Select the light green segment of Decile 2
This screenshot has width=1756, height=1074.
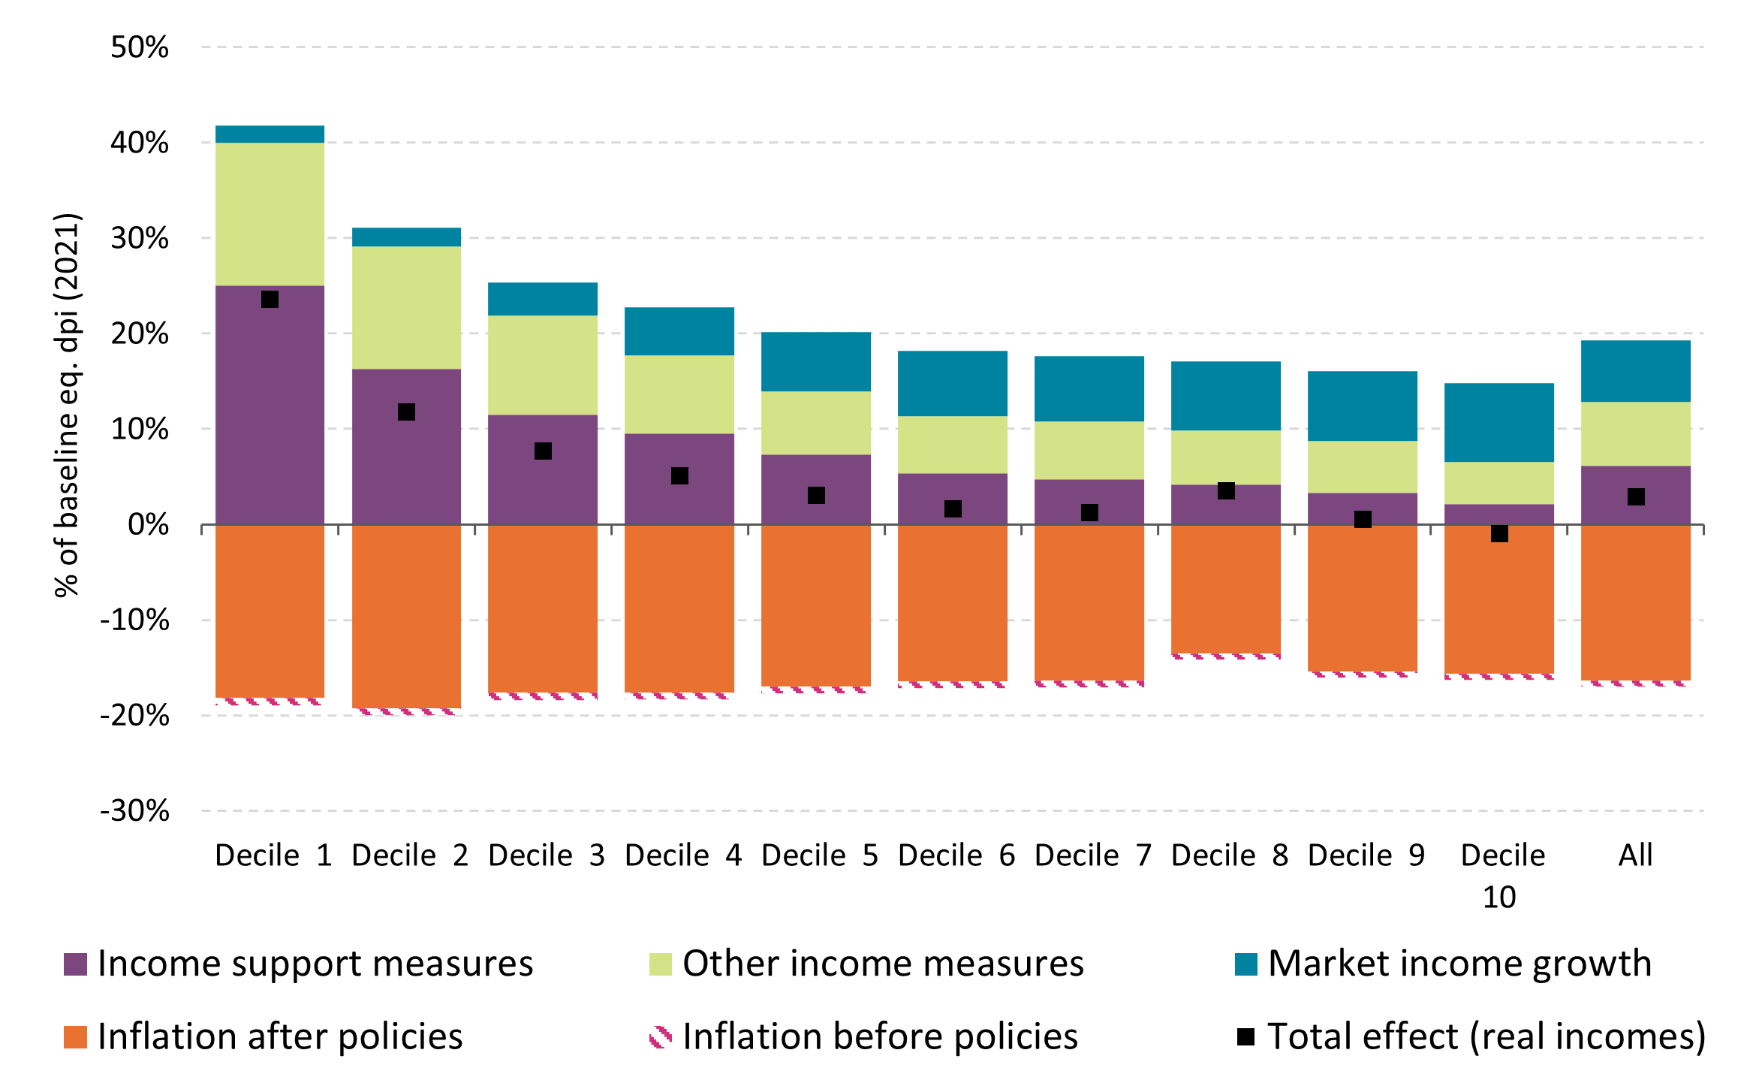[x=406, y=308]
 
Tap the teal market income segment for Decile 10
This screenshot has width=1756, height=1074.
[x=1498, y=422]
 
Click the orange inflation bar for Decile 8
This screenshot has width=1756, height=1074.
[x=1225, y=590]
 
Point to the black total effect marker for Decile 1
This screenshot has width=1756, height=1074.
[x=270, y=300]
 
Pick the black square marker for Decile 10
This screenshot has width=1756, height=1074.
[x=1499, y=533]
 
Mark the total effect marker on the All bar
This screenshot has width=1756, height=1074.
[x=1636, y=496]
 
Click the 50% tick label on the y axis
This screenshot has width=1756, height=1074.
[x=140, y=47]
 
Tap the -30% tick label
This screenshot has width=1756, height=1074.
[x=135, y=811]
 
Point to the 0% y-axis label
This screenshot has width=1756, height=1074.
[x=148, y=524]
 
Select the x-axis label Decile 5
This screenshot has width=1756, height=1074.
[x=819, y=855]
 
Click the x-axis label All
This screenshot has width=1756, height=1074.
[x=1635, y=855]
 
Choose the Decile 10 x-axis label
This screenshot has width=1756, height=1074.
[x=1501, y=875]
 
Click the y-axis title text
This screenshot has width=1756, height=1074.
[x=67, y=406]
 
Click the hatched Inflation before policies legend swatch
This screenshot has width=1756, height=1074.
[x=661, y=1037]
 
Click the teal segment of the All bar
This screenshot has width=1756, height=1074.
[x=1636, y=371]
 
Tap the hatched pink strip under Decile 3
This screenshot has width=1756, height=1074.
[x=543, y=696]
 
